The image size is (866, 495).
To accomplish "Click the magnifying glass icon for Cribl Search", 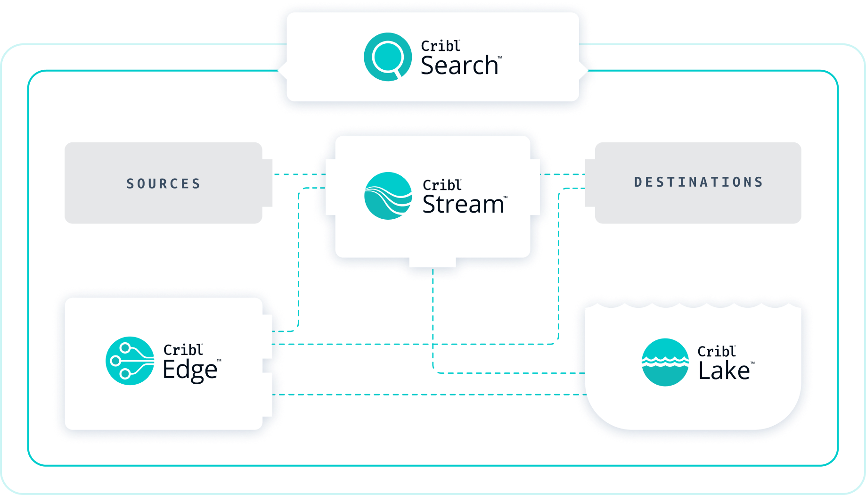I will pos(388,57).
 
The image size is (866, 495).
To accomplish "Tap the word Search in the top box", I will pos(459,66).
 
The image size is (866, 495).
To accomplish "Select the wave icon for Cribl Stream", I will pos(388,196).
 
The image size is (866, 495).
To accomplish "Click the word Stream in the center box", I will pos(463,205).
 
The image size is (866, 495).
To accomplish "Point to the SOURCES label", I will pos(163,183).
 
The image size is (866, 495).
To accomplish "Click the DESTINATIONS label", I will pos(698,182).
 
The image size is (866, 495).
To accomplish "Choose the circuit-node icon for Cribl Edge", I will pos(130,361).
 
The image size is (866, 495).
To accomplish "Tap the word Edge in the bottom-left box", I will pos(190,370).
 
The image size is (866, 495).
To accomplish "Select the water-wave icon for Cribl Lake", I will pos(665,362).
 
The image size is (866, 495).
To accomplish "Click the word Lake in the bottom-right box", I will pos(724,371).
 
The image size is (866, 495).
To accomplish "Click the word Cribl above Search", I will pos(440,46).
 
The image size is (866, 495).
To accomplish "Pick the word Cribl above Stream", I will pos(441,185).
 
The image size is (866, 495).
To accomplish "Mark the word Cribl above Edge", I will pos(183,350).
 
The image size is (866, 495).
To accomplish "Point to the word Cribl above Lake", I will pos(716,352).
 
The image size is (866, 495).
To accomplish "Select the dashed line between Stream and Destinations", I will pos(563,174).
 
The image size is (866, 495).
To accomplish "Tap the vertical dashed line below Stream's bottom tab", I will pos(433,321).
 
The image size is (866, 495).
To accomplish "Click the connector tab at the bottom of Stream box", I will pos(433,263).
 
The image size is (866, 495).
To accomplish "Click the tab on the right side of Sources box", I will pos(267,183).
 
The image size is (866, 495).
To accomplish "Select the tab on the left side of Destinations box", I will pos(589,183).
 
